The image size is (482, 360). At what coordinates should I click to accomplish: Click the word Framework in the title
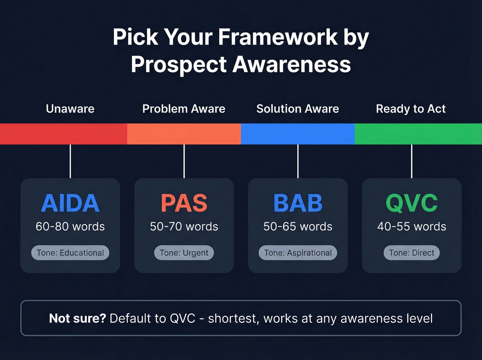(278, 37)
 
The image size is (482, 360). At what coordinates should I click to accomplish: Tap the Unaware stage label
(70, 109)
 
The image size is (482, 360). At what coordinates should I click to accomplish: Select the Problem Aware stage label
(184, 109)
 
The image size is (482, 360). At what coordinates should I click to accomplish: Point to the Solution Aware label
(298, 109)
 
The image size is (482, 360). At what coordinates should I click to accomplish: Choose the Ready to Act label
(411, 109)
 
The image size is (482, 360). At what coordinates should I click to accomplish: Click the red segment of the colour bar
(64, 134)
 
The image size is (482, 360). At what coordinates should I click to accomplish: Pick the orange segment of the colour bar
(184, 134)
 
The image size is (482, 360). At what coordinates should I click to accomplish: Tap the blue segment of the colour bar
(298, 134)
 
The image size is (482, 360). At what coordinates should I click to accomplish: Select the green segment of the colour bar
(418, 134)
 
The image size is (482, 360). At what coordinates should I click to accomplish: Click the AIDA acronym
(70, 203)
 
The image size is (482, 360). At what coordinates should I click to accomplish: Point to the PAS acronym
(184, 203)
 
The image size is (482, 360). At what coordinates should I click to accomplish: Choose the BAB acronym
(298, 203)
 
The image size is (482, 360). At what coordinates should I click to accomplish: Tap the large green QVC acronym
(412, 203)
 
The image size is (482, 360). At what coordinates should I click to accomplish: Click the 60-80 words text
(70, 227)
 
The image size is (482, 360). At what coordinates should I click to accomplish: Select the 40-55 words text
(412, 227)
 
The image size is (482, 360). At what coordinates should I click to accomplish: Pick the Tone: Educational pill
(70, 253)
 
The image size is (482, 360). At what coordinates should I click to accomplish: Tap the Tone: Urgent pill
(184, 253)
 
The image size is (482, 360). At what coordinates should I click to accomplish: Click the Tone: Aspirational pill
(298, 253)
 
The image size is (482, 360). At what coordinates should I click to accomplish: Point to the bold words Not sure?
(77, 318)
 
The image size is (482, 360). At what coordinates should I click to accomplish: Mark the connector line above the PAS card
(184, 161)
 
